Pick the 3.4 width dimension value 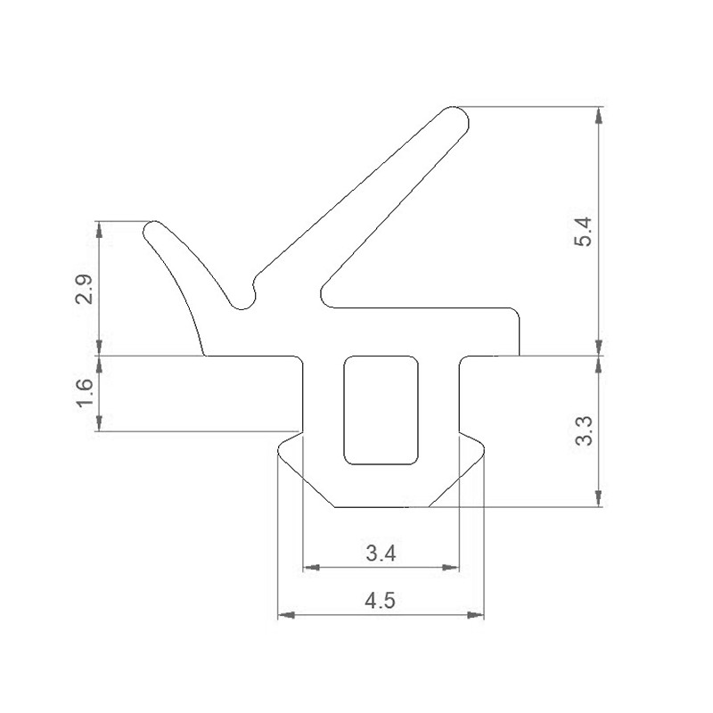click(x=381, y=553)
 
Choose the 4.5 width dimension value click(x=381, y=601)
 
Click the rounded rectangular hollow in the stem click(x=381, y=410)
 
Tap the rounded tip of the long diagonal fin click(x=458, y=118)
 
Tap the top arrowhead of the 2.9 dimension click(x=99, y=228)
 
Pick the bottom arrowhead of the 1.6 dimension click(x=99, y=425)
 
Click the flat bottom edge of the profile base click(x=381, y=507)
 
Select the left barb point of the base click(x=279, y=451)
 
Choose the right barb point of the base click(x=484, y=451)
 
